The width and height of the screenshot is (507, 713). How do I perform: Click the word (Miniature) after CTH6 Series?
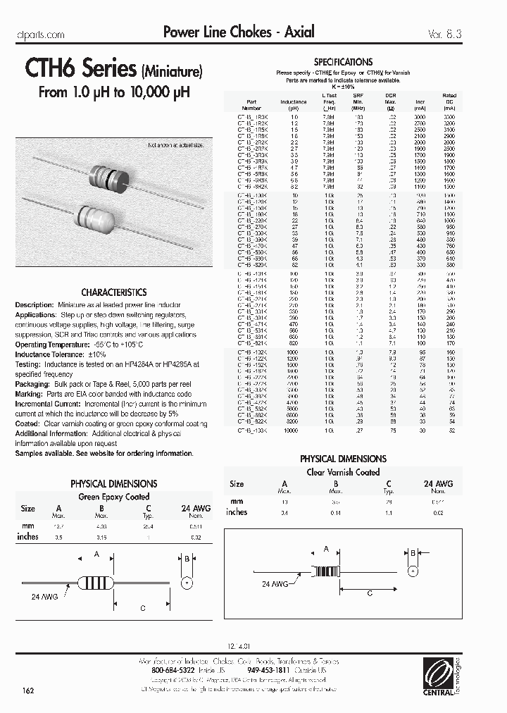point(173,71)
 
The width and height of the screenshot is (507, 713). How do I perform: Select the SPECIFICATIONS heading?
point(343,62)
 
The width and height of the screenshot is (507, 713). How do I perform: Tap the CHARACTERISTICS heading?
point(113,292)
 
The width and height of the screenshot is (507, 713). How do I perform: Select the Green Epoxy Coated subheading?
point(113,497)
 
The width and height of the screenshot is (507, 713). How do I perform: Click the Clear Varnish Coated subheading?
point(343,472)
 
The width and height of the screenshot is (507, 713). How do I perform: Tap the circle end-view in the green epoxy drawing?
point(187,582)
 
